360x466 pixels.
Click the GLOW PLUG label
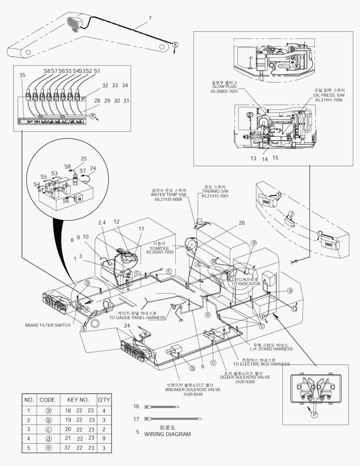(x=224, y=86)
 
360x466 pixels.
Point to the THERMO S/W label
(x=215, y=192)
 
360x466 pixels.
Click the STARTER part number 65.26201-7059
(x=160, y=252)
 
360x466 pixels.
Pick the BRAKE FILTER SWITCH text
(x=47, y=325)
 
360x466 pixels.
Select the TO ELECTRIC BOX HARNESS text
(x=261, y=364)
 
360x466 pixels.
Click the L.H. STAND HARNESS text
(x=272, y=349)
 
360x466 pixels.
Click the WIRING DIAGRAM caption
(x=167, y=434)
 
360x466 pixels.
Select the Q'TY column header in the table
(x=103, y=400)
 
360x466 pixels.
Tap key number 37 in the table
(x=68, y=448)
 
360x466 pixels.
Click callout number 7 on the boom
(x=150, y=18)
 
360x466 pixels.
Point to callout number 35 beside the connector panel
(x=22, y=75)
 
